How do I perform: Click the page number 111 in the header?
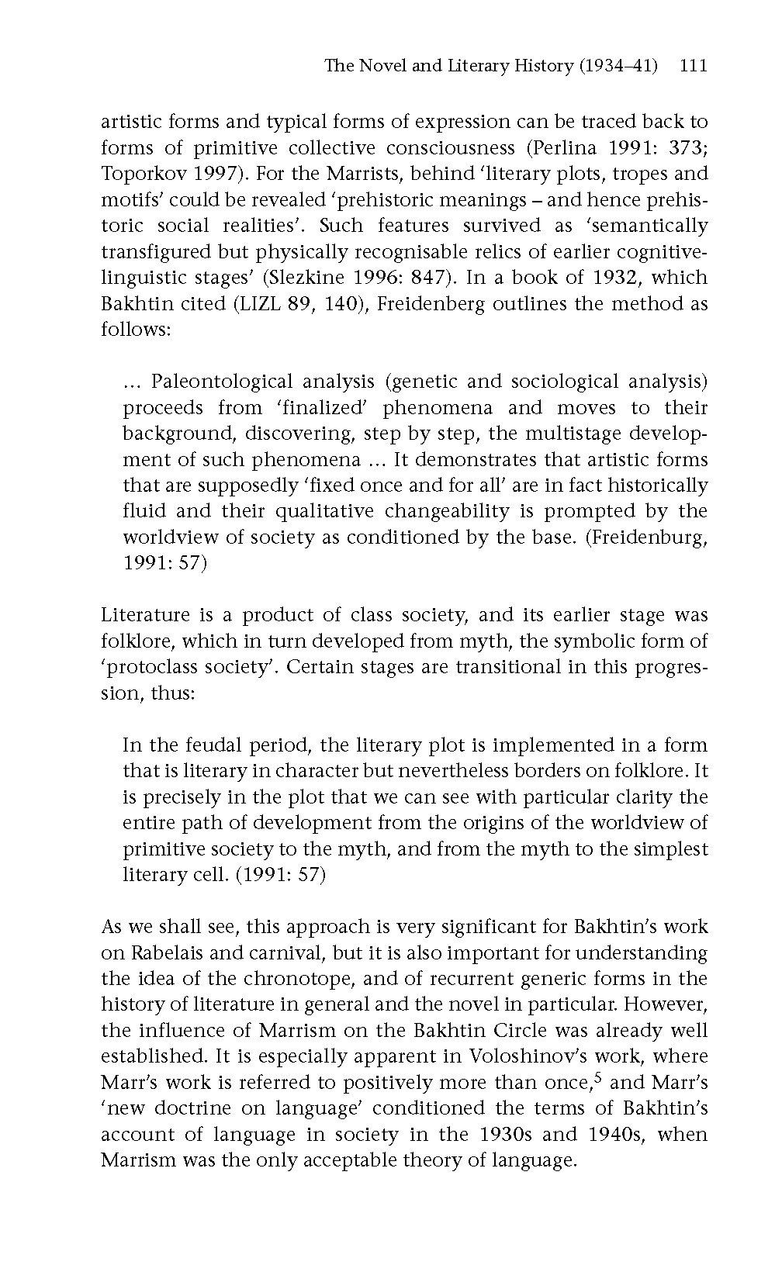tap(693, 66)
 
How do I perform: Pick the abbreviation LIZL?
tap(261, 303)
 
